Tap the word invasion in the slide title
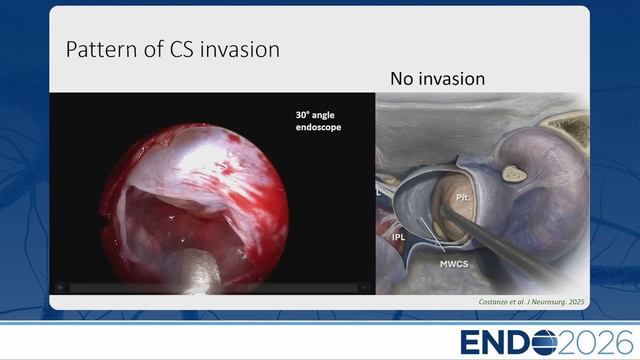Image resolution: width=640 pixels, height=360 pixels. (239, 49)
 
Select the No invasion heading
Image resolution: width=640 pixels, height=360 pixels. (437, 78)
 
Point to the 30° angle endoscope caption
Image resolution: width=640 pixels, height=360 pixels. (318, 121)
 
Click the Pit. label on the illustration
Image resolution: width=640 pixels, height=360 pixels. (463, 197)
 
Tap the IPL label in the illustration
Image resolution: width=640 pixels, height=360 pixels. (398, 237)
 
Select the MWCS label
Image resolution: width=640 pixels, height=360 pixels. (454, 264)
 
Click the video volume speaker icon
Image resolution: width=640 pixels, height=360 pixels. (364, 287)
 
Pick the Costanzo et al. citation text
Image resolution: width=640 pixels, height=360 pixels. (531, 302)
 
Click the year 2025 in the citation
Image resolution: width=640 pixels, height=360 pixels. (576, 302)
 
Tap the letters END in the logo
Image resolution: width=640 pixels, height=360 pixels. (495, 342)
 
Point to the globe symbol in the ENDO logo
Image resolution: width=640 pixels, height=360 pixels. (543, 342)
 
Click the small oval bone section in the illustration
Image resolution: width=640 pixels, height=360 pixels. (514, 173)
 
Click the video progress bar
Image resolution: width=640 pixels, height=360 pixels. (213, 287)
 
